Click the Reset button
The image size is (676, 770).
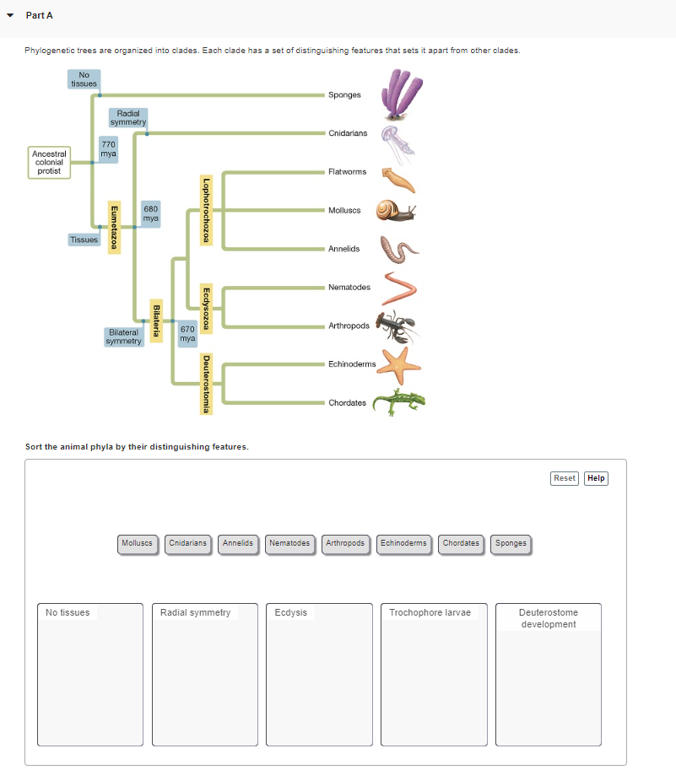tap(564, 478)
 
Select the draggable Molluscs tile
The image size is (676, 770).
tap(137, 543)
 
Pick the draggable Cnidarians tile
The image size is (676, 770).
tap(187, 543)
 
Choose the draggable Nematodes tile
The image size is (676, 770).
tap(289, 543)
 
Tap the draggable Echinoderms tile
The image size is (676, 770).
tap(403, 543)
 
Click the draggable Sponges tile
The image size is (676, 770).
tap(511, 543)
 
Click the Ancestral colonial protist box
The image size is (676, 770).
tap(50, 163)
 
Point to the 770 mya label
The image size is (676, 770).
tap(108, 149)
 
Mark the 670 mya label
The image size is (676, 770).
tap(187, 333)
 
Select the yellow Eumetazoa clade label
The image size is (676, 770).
tap(113, 227)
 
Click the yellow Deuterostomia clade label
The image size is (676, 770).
tap(205, 384)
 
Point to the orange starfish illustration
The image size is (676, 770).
tap(397, 363)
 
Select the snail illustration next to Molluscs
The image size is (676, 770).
tap(395, 210)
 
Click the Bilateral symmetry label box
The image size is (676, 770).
tap(124, 337)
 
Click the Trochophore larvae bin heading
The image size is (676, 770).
tap(430, 612)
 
